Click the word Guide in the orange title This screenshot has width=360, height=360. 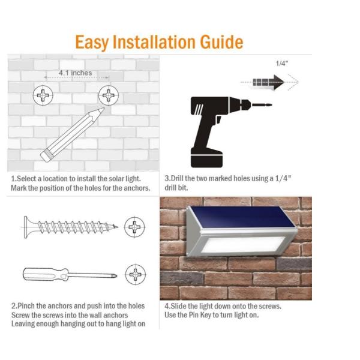(x=221, y=42)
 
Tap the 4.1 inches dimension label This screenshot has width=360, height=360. (x=76, y=73)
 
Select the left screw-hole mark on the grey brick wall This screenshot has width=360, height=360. (x=43, y=95)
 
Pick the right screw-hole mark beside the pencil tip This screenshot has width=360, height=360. (x=109, y=95)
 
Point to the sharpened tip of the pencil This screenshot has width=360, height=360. (x=103, y=109)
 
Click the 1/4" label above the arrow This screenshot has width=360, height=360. (x=282, y=64)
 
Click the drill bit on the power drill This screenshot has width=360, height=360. (x=262, y=105)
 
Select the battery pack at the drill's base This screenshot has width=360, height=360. (x=206, y=158)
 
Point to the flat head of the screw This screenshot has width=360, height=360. (x=26, y=227)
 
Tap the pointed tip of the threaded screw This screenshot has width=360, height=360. (x=116, y=227)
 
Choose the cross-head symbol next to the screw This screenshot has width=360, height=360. (x=134, y=227)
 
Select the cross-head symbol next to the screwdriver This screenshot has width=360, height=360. (x=136, y=274)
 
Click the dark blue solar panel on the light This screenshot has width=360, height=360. (x=242, y=217)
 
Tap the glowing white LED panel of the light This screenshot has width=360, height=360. (x=244, y=245)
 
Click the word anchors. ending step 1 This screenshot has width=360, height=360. (x=137, y=188)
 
